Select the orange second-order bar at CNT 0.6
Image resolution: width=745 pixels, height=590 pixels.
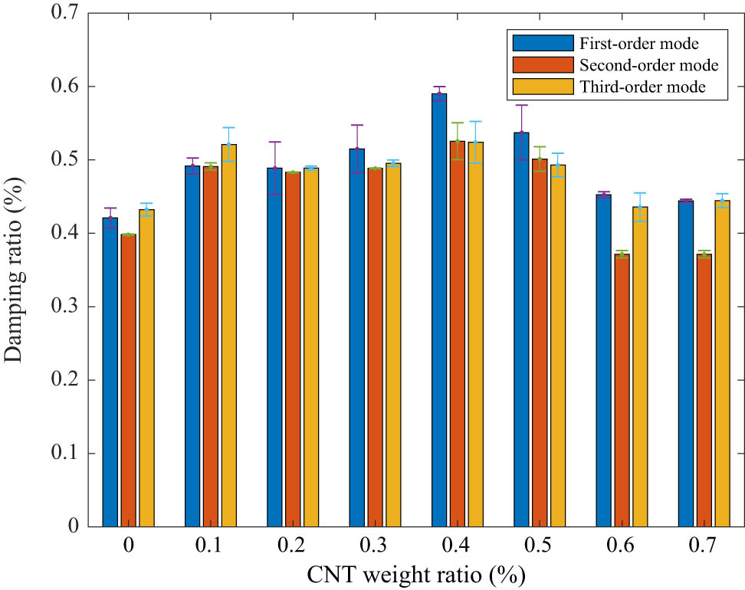(x=622, y=391)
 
